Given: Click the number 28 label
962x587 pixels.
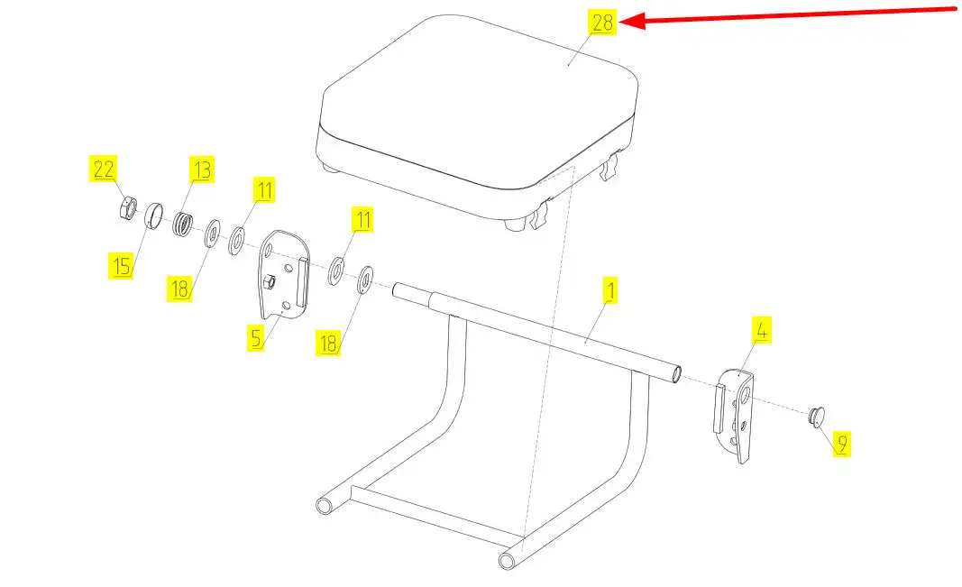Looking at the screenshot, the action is tap(602, 23).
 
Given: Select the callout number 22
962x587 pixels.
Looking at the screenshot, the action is tap(104, 168).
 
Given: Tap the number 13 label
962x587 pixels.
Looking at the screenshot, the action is tap(200, 169).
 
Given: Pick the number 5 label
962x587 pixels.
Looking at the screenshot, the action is tap(257, 338).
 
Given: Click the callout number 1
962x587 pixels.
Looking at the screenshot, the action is tap(609, 291).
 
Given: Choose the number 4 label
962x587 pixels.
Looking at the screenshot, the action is tap(762, 330).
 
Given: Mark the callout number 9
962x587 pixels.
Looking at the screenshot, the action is tap(840, 443).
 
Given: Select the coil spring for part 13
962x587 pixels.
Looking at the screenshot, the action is tap(184, 222).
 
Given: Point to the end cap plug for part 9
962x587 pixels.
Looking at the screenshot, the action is tap(815, 417).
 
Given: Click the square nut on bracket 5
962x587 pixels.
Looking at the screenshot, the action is tap(269, 283).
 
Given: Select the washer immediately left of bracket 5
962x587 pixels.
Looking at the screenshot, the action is tap(238, 241).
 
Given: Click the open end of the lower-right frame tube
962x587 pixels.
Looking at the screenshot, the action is tap(508, 560).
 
